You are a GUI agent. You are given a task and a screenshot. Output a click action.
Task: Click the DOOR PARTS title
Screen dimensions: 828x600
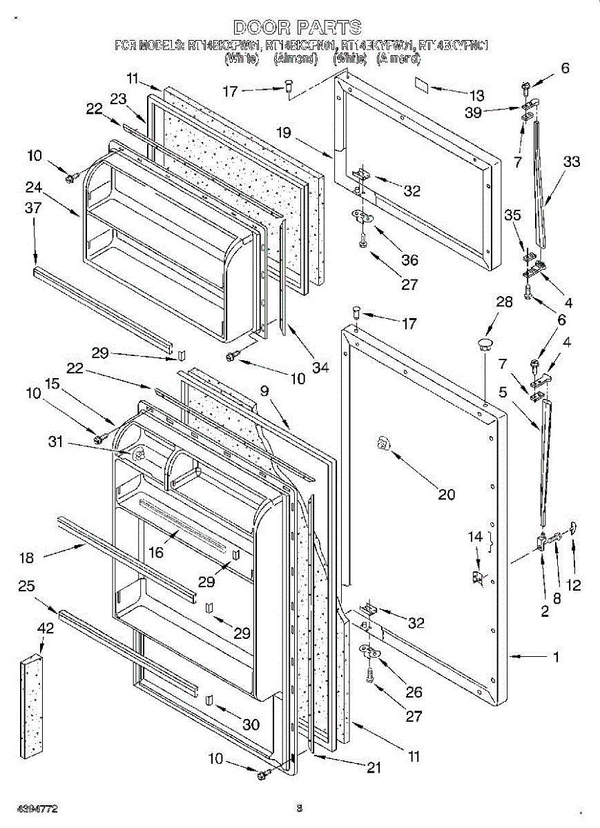[x=298, y=28]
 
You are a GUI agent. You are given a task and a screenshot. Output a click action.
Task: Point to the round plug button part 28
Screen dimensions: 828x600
[x=486, y=343]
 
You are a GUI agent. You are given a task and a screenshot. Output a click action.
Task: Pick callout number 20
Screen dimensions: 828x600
[x=447, y=493]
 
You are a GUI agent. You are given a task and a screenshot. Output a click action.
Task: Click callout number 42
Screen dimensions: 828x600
[x=45, y=630]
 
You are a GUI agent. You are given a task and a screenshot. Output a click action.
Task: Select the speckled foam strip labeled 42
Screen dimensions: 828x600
[x=33, y=696]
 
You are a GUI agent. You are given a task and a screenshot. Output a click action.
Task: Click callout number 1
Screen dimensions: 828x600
[x=557, y=657]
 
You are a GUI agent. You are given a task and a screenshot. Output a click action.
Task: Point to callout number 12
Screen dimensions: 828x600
[x=574, y=586]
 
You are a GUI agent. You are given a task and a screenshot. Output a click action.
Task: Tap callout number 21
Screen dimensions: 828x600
[x=374, y=769]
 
